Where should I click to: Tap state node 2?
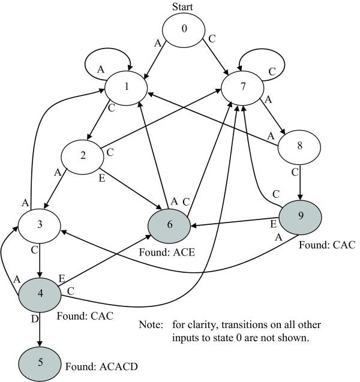tap(84, 155)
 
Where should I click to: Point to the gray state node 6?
tap(170, 225)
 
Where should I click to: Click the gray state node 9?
tap(300, 213)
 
